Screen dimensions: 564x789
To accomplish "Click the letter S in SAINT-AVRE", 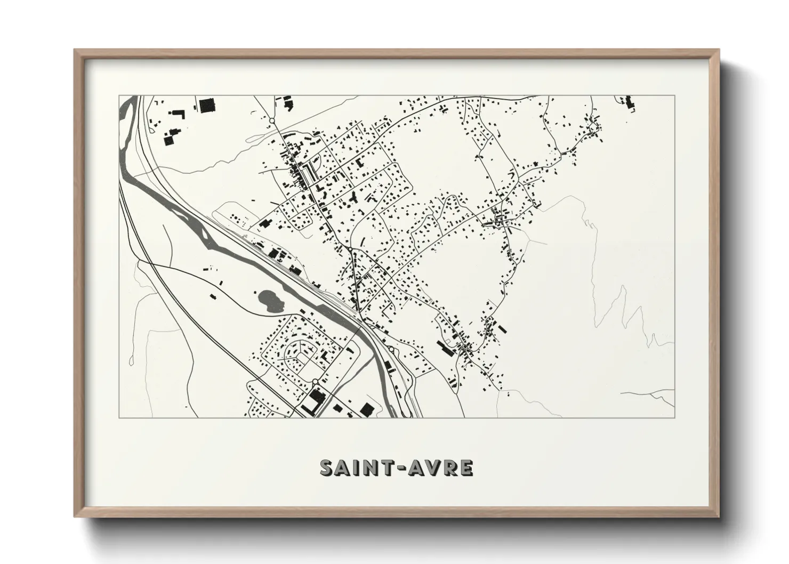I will click(x=327, y=468).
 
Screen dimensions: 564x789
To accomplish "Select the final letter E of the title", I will click(x=465, y=468).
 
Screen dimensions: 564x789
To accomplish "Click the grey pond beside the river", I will click(x=267, y=300).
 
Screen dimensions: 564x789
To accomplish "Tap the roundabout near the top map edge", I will click(x=272, y=121).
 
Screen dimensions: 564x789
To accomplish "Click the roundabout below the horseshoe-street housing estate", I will click(x=315, y=381).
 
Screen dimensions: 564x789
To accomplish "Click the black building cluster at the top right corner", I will click(x=629, y=103).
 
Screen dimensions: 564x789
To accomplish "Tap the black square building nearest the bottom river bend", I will click(x=366, y=409).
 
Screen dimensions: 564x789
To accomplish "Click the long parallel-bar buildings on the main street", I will click(x=308, y=172).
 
